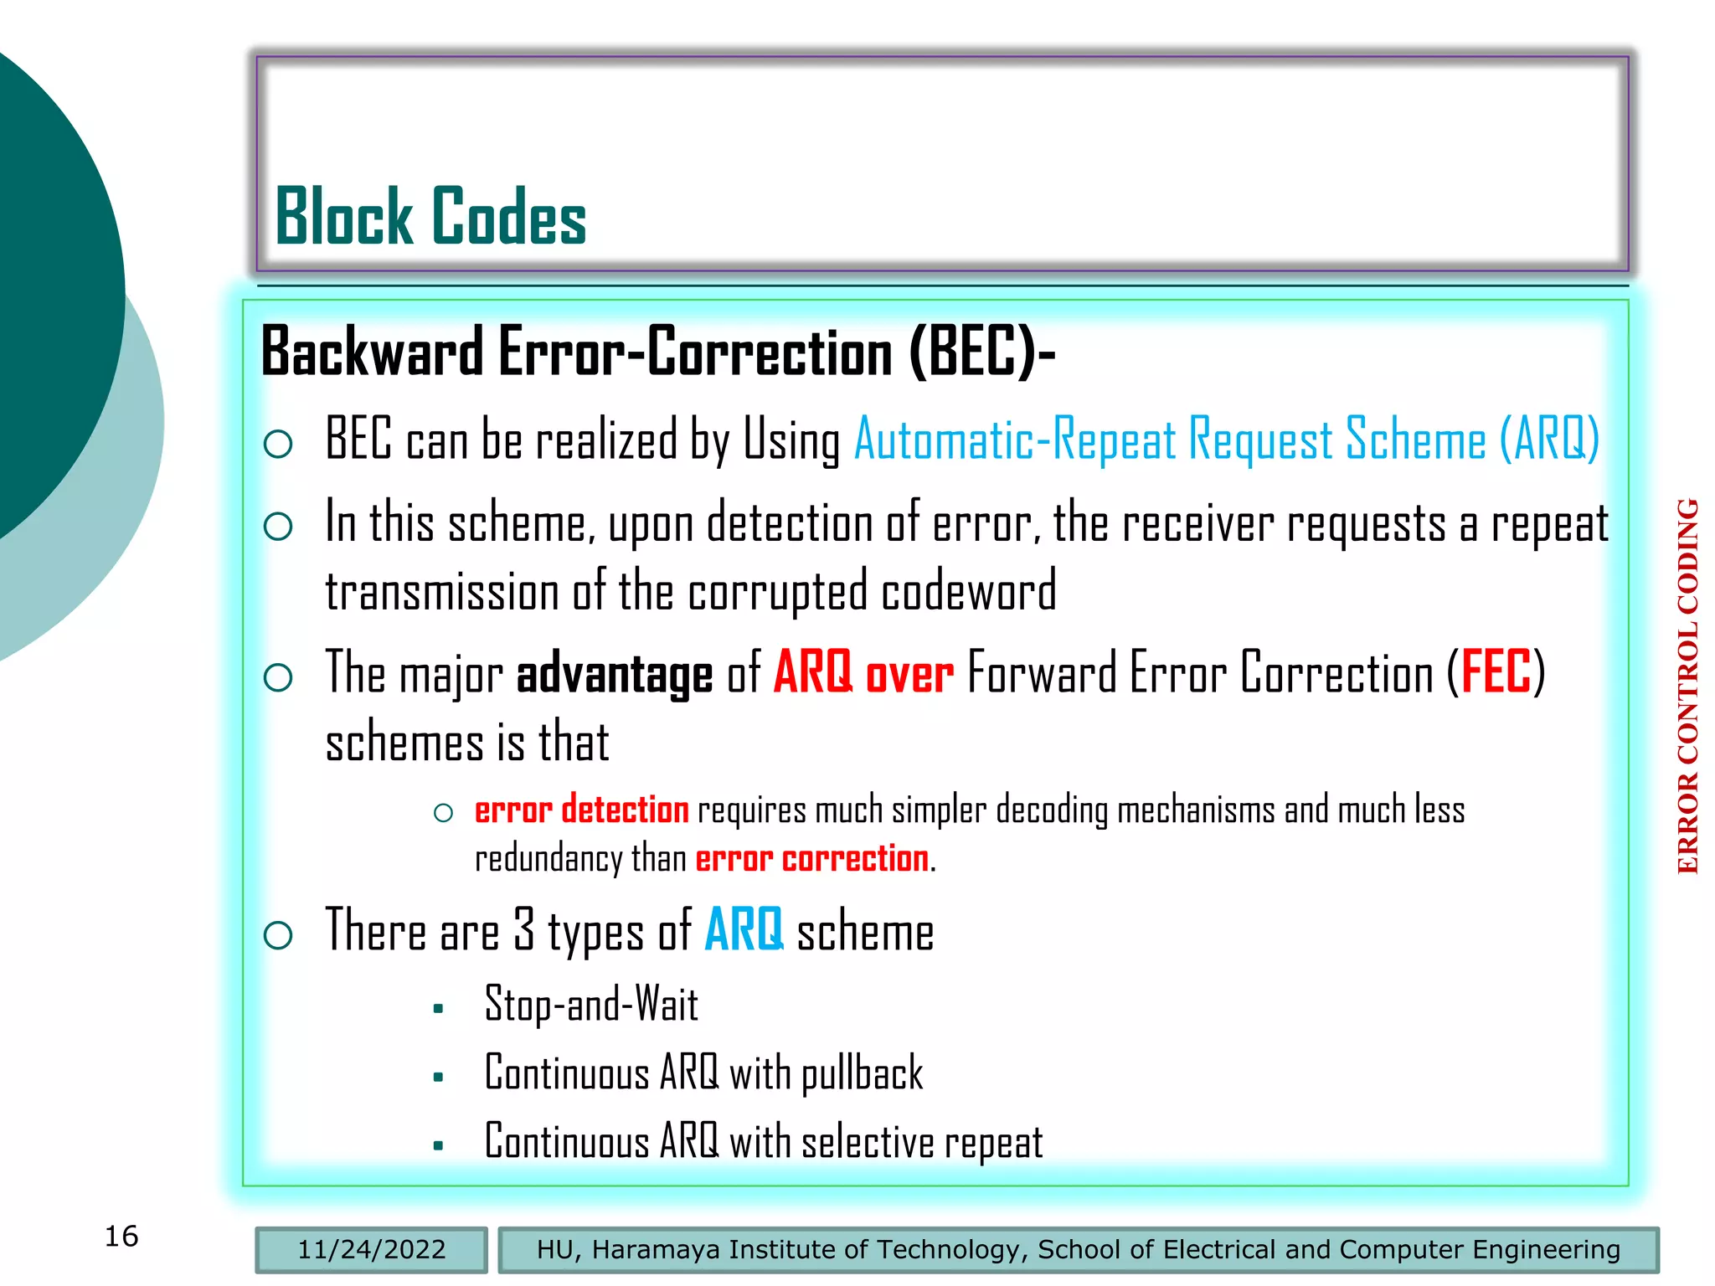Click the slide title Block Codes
coord(430,217)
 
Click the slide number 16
coord(121,1237)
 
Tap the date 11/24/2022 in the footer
coord(372,1249)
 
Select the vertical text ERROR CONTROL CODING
coord(1688,687)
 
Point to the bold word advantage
coord(614,675)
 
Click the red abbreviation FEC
coord(1496,672)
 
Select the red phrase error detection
coord(581,810)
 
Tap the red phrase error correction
coord(811,859)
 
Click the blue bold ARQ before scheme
coord(744,930)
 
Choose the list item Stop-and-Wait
coord(591,1005)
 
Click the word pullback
coord(862,1074)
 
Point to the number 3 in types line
coord(524,929)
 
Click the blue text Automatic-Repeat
coord(1014,440)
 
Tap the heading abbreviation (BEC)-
coord(981,352)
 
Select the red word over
coord(909,675)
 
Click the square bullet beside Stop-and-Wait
coord(438,1010)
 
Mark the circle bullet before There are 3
coord(278,935)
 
